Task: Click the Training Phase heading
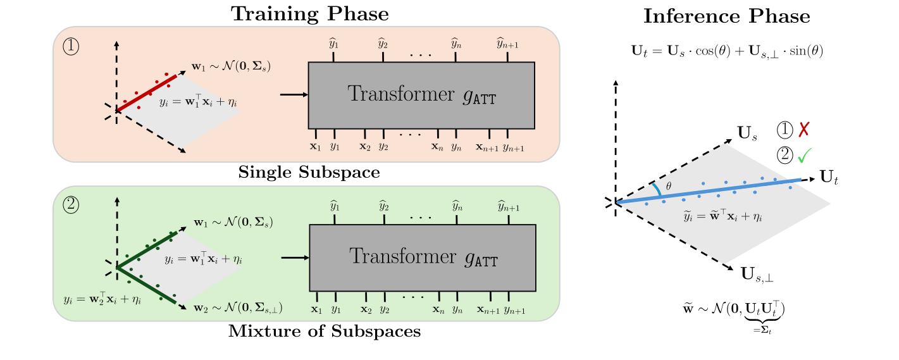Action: (x=309, y=14)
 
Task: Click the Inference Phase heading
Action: (x=727, y=17)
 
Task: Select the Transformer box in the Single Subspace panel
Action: (x=421, y=95)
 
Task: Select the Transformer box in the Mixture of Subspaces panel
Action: (x=422, y=257)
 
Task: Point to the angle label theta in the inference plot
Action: (x=669, y=186)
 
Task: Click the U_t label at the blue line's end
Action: (x=829, y=177)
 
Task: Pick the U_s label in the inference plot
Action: (x=748, y=133)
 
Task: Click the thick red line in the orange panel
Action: (x=147, y=93)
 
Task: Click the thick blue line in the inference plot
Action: (x=709, y=191)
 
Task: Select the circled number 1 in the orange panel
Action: (x=71, y=47)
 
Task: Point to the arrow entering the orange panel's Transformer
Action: (x=293, y=95)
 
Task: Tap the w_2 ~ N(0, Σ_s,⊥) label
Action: (x=237, y=308)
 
